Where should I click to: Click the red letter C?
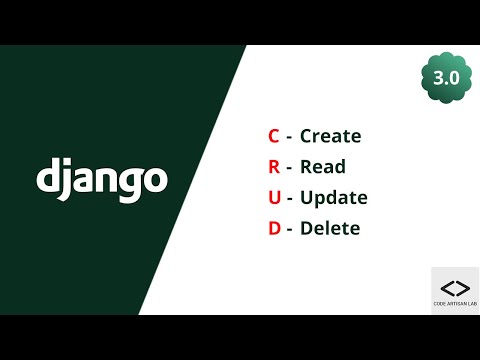point(274,136)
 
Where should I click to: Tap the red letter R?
point(274,167)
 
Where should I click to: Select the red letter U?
point(274,198)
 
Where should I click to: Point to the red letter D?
point(274,229)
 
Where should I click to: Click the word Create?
point(330,136)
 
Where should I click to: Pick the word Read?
point(322,167)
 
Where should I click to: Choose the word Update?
point(333,198)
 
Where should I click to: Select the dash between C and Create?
point(290,137)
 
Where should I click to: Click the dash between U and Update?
point(290,199)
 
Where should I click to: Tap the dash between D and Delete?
point(290,230)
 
